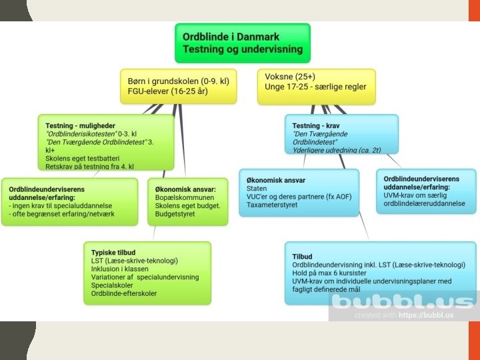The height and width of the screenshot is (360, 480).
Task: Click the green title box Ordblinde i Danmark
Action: click(243, 43)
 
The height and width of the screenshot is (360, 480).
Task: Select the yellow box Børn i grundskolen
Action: click(178, 86)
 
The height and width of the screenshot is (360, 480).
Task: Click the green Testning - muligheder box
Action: click(106, 142)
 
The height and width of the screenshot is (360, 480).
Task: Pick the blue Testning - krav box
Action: click(343, 134)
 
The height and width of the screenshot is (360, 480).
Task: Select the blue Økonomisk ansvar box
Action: click(299, 193)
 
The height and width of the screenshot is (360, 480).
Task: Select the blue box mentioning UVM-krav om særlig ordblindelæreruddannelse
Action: click(425, 191)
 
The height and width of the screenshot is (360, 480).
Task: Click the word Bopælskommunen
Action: click(184, 198)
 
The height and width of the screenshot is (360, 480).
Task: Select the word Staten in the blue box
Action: click(257, 189)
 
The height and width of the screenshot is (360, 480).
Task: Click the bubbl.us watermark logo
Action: click(403, 303)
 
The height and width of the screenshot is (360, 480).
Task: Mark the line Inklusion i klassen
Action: click(120, 269)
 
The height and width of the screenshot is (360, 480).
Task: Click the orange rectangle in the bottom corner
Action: click(474, 339)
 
